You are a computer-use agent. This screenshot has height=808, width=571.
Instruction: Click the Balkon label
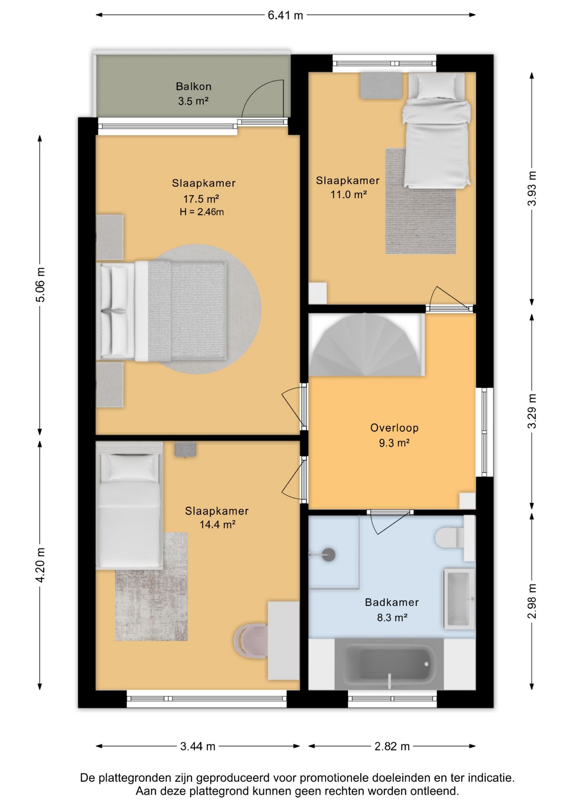(193, 86)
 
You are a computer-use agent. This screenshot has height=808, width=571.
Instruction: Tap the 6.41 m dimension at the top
(285, 15)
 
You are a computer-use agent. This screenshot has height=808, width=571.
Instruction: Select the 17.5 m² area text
(201, 199)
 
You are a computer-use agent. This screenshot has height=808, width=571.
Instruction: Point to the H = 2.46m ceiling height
(202, 212)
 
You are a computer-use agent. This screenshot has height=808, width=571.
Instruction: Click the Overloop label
(394, 428)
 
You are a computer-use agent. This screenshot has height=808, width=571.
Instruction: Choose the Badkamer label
(392, 602)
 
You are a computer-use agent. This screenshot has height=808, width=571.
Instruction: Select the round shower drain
(328, 555)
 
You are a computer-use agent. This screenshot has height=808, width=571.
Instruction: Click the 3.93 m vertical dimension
(532, 189)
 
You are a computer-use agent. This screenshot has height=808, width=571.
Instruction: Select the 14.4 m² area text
(217, 525)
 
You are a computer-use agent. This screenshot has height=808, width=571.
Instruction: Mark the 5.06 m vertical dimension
(40, 285)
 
